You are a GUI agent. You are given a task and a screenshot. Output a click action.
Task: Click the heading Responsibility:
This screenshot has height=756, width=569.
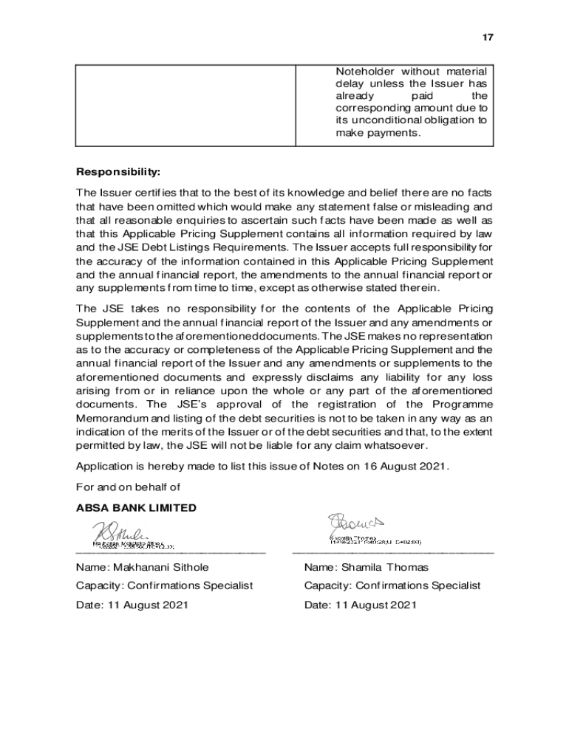click(x=118, y=172)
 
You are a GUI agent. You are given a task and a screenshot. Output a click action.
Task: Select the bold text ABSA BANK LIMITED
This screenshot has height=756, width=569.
click(x=136, y=508)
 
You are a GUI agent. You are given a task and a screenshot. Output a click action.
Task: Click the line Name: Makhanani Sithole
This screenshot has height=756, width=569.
click(x=142, y=567)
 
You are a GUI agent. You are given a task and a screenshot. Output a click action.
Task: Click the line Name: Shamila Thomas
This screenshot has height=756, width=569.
click(x=366, y=567)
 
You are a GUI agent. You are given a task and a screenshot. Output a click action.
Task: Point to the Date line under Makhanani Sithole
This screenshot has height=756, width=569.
click(x=132, y=605)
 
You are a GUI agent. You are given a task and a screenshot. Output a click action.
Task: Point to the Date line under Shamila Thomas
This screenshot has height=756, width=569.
click(x=360, y=605)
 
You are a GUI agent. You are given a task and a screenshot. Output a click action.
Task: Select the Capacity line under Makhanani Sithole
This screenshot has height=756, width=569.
click(x=164, y=585)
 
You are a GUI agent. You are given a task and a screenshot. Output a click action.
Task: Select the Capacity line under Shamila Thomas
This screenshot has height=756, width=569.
click(x=392, y=585)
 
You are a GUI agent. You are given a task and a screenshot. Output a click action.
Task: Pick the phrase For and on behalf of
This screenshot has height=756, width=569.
click(x=129, y=487)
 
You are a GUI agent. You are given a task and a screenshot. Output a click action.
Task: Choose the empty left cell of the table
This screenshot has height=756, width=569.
click(x=185, y=106)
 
